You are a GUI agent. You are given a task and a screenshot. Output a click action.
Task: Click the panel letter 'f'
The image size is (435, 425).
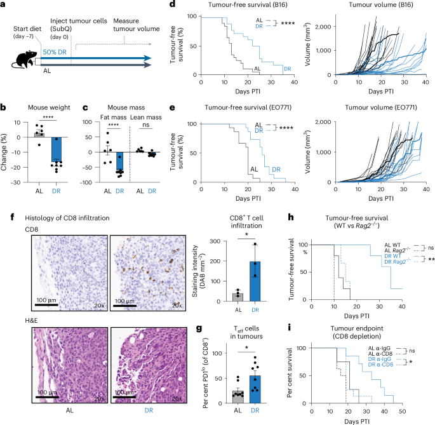pos(4,201)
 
